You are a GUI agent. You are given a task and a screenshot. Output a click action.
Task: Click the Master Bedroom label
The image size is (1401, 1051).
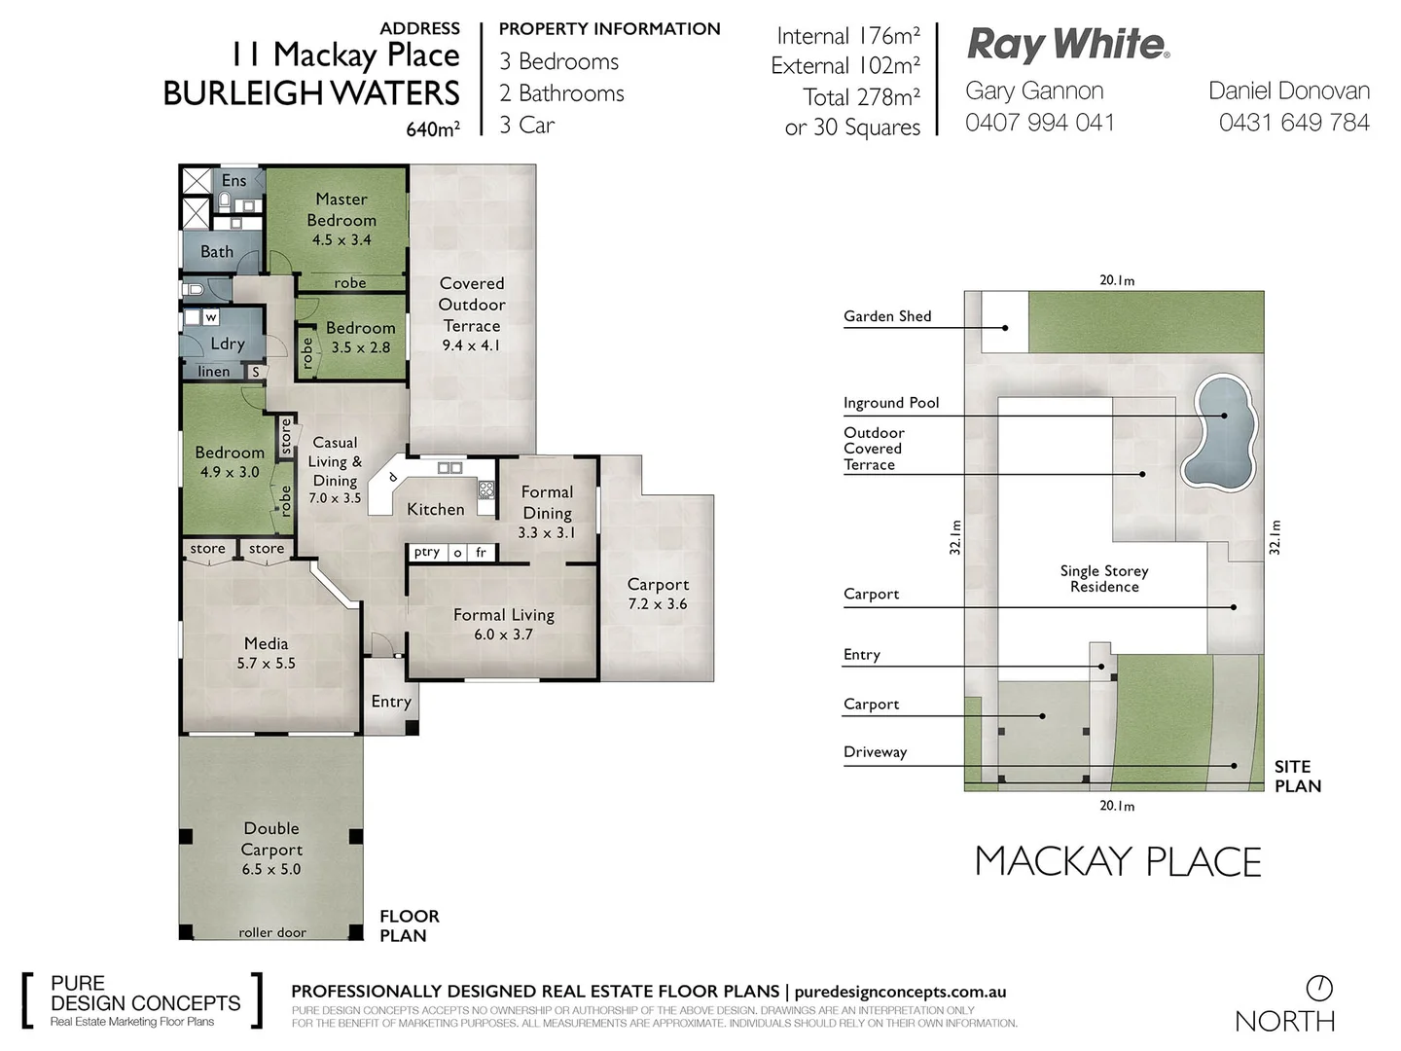341,209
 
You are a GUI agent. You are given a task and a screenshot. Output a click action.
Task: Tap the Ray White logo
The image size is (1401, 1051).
1067,45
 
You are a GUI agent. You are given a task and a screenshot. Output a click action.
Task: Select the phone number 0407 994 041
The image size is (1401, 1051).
1039,123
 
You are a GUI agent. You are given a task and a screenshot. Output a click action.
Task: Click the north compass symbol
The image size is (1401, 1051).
1319,988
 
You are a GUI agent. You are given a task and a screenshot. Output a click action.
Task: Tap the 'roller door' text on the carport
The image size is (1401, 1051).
272,932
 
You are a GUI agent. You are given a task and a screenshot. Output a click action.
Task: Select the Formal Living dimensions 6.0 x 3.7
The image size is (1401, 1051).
503,634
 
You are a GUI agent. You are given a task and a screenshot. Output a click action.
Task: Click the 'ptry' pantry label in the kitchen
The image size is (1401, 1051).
426,552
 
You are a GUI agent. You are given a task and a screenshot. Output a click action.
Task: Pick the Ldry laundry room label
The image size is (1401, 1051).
228,344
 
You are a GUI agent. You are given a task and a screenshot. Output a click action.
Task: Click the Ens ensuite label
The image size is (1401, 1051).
233,180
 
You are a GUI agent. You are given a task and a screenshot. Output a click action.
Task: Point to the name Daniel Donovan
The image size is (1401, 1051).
1288,91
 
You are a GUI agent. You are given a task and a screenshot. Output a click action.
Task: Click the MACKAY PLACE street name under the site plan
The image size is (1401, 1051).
1118,862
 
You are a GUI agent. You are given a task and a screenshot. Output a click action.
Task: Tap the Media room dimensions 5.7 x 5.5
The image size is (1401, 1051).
266,664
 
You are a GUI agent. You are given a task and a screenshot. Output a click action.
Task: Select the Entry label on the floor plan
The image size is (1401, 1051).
391,702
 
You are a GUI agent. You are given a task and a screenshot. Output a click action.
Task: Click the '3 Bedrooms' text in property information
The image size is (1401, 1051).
558,61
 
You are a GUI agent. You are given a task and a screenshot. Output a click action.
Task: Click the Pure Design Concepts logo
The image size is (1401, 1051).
142,1000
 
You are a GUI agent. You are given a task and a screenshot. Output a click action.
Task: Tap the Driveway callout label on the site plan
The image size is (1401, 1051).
875,751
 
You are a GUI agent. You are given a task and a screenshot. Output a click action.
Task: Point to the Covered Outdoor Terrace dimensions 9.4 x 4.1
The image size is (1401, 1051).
471,345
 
